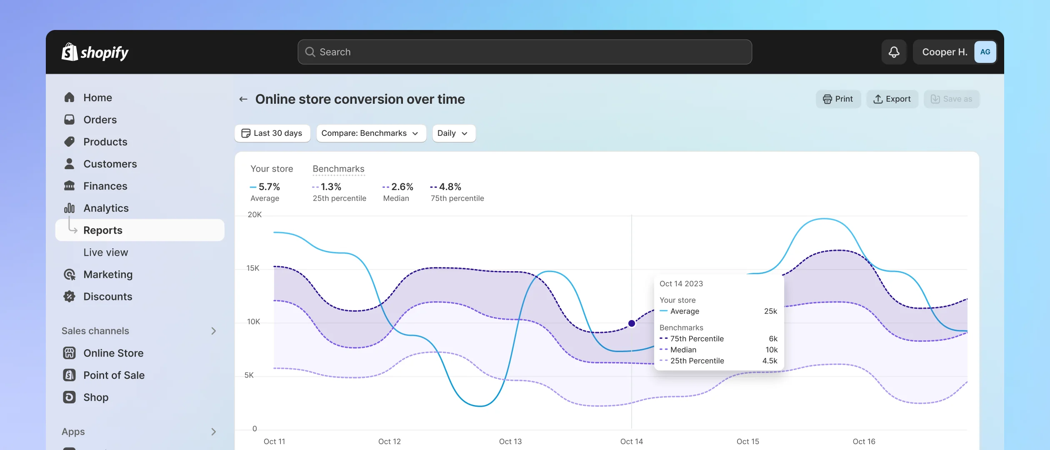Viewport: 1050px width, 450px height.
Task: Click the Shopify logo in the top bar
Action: (x=95, y=52)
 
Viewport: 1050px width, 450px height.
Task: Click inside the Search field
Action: (x=525, y=52)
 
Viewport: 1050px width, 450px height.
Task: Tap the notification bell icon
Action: (x=894, y=52)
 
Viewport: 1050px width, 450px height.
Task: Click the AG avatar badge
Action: (x=985, y=52)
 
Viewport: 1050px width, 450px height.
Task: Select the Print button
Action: (x=838, y=99)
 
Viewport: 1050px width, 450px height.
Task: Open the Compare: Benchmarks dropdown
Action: (x=371, y=133)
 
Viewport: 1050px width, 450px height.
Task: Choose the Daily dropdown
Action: (x=453, y=133)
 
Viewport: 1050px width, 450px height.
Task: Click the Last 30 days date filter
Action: (x=272, y=133)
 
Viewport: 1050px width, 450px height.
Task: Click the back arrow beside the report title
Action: (x=243, y=99)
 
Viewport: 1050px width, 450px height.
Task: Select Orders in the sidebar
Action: (x=100, y=120)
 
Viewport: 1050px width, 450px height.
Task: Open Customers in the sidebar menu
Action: (x=110, y=164)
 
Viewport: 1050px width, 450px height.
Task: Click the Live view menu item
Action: (x=105, y=252)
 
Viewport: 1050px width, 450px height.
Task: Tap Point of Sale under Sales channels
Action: (x=114, y=375)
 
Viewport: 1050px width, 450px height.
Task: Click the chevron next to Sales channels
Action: (x=213, y=331)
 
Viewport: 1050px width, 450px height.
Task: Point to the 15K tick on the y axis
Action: (x=253, y=268)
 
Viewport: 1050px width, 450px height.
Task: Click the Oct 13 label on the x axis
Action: (x=510, y=441)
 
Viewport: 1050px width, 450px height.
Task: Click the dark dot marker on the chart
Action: (x=632, y=323)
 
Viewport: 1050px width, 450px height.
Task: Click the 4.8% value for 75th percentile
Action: (x=450, y=187)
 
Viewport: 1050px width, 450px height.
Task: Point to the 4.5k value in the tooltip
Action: (x=770, y=361)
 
